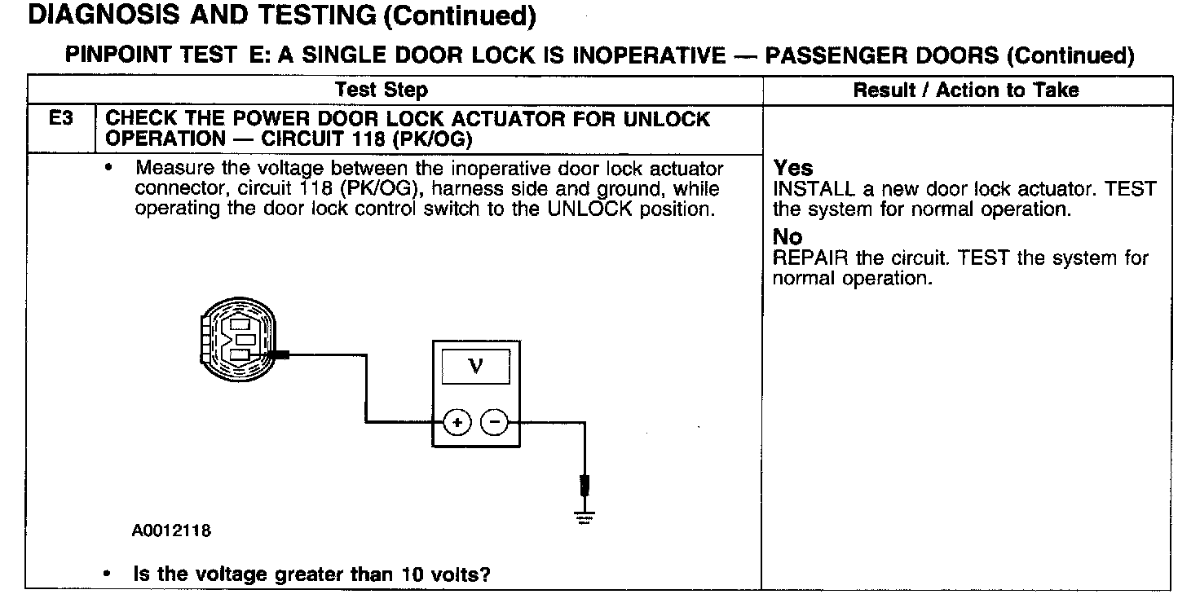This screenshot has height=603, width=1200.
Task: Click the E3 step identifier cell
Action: [x=61, y=120]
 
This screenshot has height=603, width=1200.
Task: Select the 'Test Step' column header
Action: [x=382, y=90]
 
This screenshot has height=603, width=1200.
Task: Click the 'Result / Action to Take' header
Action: [x=965, y=90]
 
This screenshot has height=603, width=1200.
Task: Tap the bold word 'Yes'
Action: [x=793, y=168]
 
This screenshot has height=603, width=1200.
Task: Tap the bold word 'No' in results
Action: [x=787, y=237]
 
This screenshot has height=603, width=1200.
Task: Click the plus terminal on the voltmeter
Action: [x=457, y=422]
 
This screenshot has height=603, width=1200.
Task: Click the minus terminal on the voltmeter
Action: [x=494, y=422]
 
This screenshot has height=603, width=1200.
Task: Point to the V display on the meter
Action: [x=476, y=366]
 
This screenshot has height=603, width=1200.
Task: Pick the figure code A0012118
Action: [x=170, y=531]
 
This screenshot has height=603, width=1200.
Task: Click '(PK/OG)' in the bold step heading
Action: [x=432, y=139]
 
